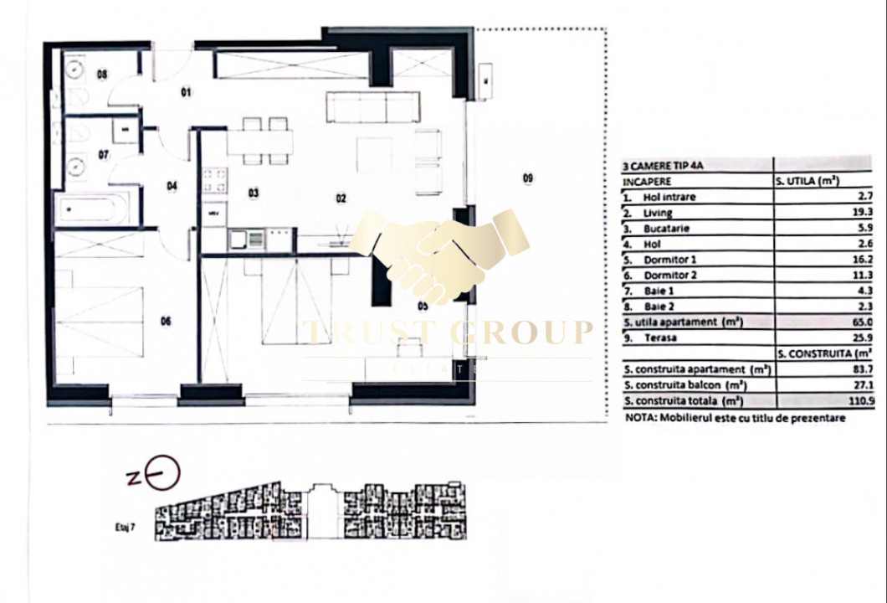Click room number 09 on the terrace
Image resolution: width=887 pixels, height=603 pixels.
(x=527, y=178)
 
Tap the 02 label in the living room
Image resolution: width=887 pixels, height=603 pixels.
(x=341, y=198)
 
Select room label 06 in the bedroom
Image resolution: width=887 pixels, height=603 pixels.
(x=166, y=320)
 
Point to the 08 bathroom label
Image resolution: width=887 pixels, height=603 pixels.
(x=102, y=75)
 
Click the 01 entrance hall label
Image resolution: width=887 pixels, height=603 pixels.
(x=186, y=92)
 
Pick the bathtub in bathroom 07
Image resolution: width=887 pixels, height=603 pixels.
(x=92, y=209)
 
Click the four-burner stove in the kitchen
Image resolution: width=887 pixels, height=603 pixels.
(x=214, y=179)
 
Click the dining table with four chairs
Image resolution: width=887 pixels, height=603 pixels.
(x=259, y=142)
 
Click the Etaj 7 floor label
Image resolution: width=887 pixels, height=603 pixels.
(x=126, y=528)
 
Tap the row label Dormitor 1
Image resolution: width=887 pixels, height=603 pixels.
(x=669, y=260)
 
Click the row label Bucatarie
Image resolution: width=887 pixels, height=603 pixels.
(x=668, y=229)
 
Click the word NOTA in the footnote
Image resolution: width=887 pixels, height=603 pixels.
(x=641, y=417)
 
